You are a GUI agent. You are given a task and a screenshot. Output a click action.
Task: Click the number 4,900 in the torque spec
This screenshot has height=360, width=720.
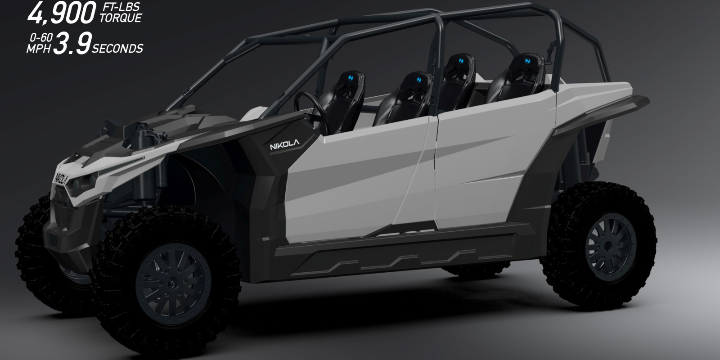pos(62,13)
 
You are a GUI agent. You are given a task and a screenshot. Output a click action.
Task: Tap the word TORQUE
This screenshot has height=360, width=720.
pos(121,18)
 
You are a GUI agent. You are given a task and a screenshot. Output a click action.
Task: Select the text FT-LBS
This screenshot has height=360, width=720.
pos(121,7)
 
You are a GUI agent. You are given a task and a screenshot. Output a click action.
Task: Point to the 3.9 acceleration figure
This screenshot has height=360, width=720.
pos(72,43)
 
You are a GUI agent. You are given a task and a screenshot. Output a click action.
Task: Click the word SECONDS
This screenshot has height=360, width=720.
pos(117,49)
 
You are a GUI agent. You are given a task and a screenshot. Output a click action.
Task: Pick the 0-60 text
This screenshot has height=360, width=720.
pos(41,38)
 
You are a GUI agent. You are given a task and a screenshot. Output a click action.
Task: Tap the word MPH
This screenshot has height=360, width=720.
pos(39,49)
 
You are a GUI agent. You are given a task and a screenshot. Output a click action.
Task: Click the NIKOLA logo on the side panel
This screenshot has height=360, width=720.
pos(284,144)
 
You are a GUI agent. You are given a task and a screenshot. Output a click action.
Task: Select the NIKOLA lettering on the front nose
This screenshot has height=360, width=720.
pos(61,179)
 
